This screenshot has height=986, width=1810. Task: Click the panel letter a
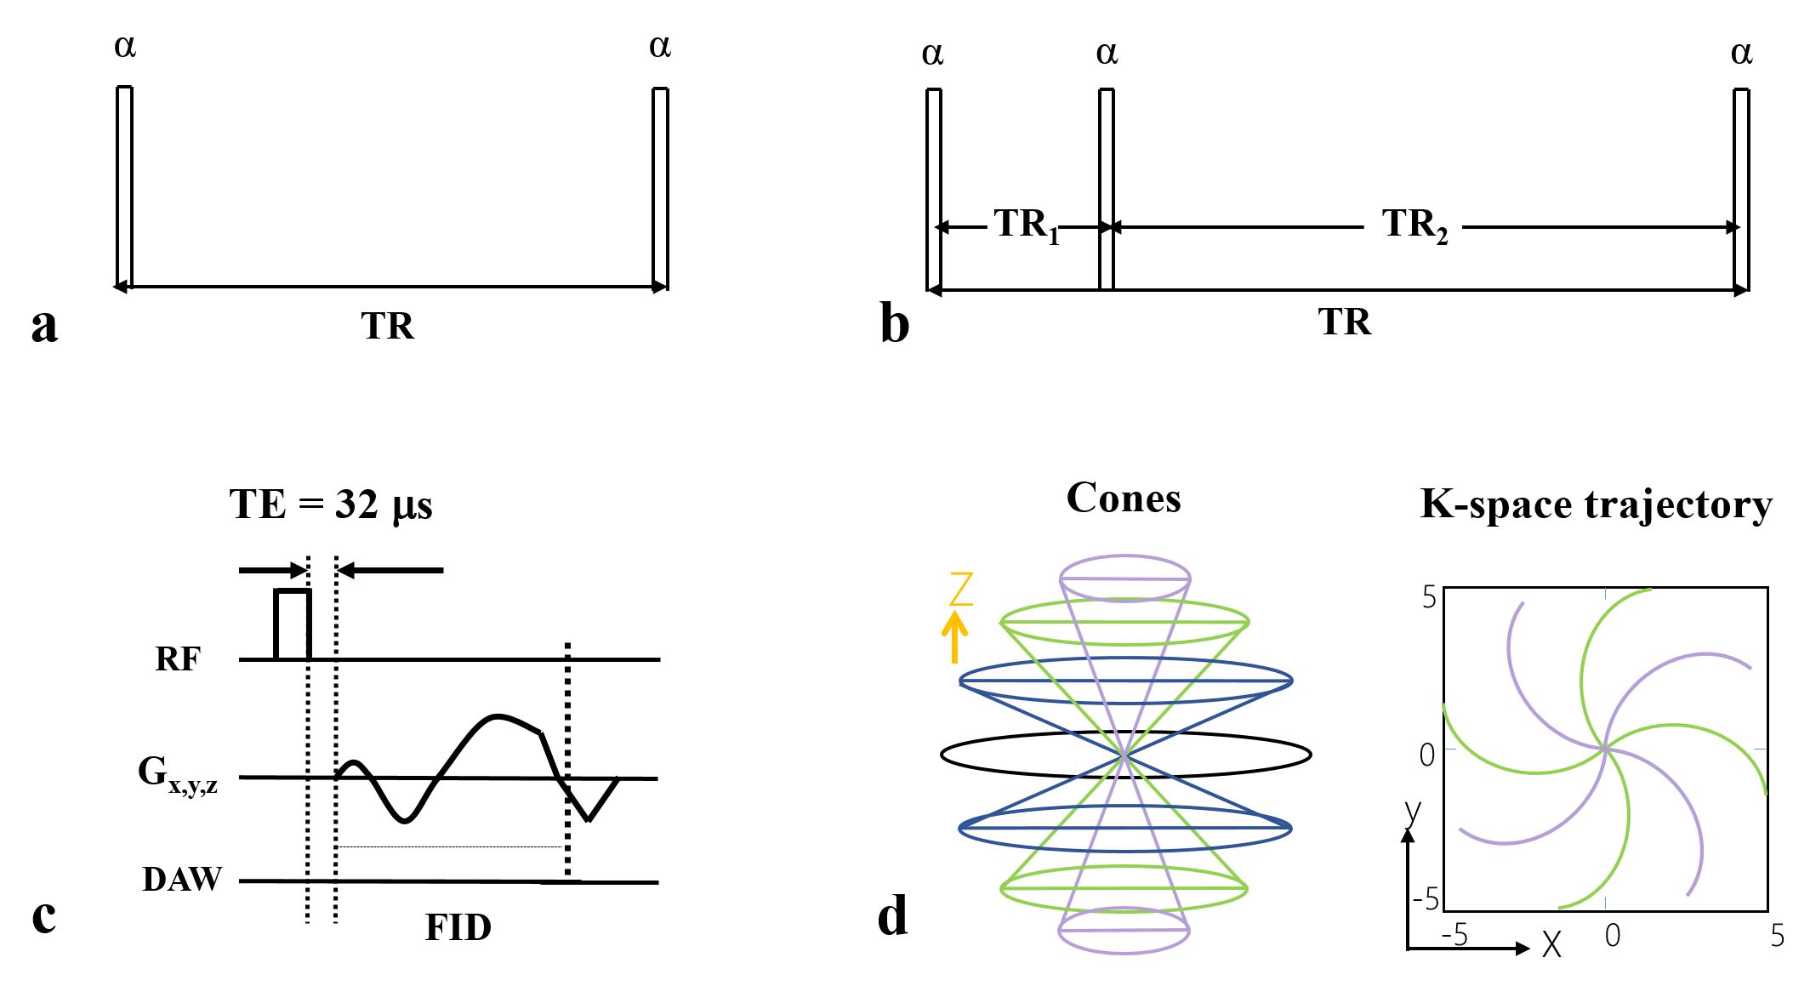44,325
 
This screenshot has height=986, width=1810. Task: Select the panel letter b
894,324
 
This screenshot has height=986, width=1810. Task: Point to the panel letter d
892,916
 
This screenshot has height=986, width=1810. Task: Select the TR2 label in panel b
1414,225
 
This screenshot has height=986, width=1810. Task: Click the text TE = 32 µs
331,504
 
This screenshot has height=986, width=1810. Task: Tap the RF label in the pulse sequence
178,659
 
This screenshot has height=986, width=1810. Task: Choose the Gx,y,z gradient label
178,775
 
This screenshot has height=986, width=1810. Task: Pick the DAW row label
181,880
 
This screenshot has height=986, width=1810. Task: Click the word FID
458,928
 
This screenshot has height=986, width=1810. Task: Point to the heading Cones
1124,499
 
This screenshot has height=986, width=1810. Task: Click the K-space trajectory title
1596,504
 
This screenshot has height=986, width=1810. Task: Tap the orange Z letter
960,589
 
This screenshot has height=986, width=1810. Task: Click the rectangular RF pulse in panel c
293,624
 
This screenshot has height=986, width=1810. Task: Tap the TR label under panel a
387,326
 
